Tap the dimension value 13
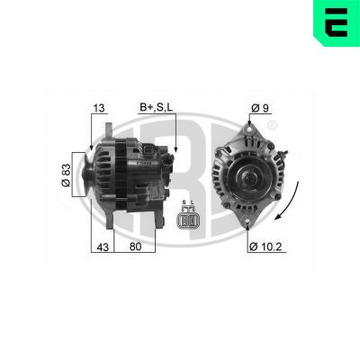[x=99, y=109]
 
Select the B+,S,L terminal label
[x=157, y=109]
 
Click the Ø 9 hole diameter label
[x=260, y=109]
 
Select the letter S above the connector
[x=184, y=202]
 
